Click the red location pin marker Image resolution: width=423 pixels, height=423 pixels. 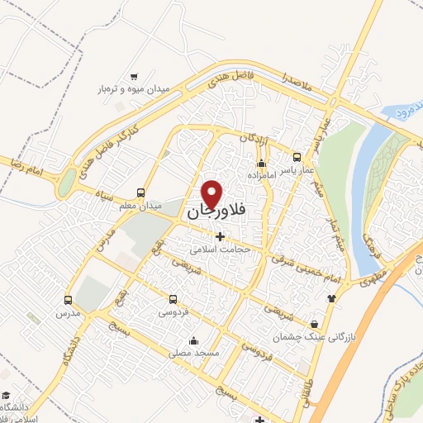(213, 193)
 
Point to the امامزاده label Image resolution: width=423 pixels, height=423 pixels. (261, 174)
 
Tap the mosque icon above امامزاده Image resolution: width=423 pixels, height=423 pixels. (261, 163)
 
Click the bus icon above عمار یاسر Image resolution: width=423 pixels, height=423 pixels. (298, 156)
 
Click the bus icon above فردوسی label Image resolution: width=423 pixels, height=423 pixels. (173, 300)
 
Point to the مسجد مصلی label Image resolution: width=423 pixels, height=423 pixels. (193, 353)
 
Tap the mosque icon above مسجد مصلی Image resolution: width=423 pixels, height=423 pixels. (193, 340)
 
